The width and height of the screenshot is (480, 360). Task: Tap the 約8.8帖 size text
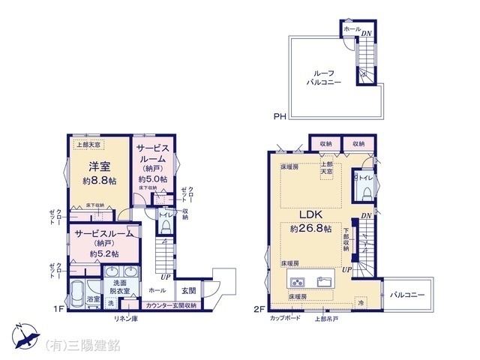pos(98,181)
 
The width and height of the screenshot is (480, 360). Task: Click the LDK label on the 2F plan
pos(310,215)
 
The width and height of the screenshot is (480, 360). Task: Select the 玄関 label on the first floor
pos(188,290)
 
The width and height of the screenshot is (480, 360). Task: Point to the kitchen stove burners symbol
pos(296,283)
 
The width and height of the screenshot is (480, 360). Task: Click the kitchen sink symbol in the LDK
pos(326,283)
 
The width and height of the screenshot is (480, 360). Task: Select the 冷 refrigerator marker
pos(360,302)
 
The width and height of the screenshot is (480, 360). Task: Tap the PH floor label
pos(278,115)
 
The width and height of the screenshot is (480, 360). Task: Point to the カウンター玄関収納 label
pos(170,305)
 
